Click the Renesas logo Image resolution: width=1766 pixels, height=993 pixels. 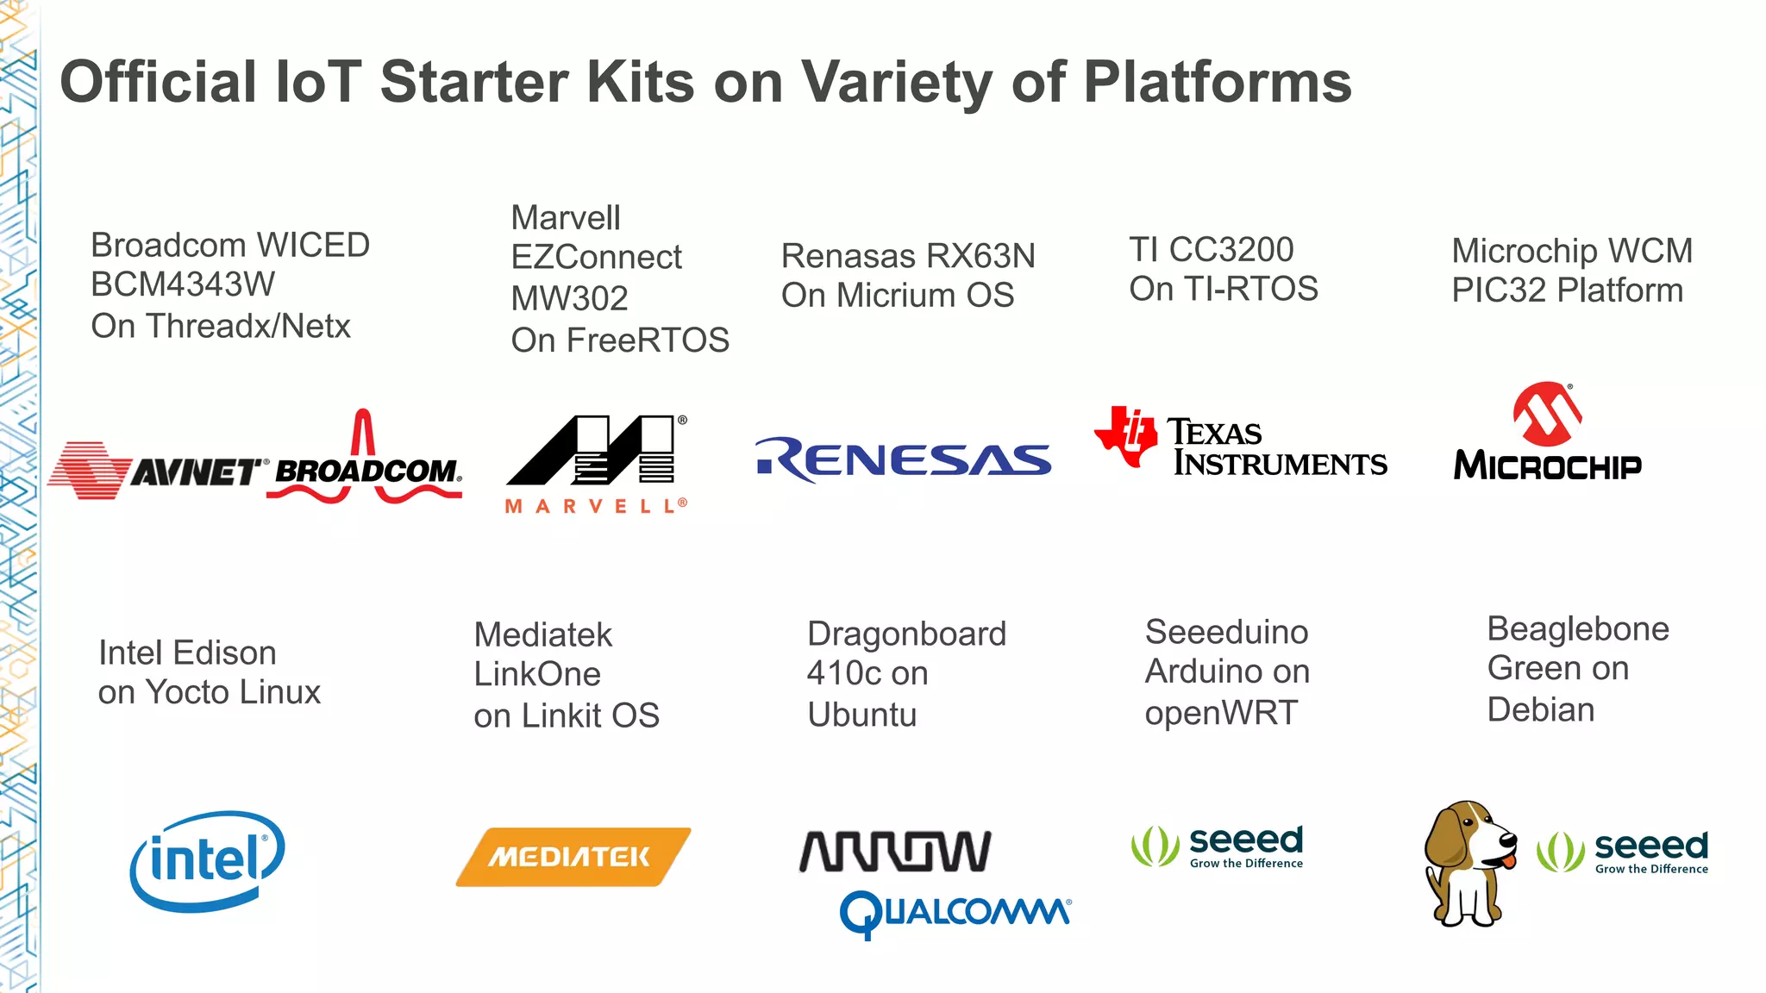904,459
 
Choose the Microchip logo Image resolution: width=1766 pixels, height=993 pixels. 1547,434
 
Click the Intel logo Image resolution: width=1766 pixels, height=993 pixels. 207,860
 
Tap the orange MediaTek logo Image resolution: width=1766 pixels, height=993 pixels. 573,857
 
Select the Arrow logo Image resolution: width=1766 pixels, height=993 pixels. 895,851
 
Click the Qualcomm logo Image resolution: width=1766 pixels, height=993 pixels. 955,913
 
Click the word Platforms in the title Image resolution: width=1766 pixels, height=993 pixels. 1217,83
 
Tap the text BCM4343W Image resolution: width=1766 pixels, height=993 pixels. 183,285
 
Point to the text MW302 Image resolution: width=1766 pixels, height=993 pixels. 569,299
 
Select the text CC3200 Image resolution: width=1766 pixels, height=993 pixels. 1231,250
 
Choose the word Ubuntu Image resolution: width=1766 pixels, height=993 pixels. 861,715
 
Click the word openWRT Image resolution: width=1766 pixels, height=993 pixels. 1220,713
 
